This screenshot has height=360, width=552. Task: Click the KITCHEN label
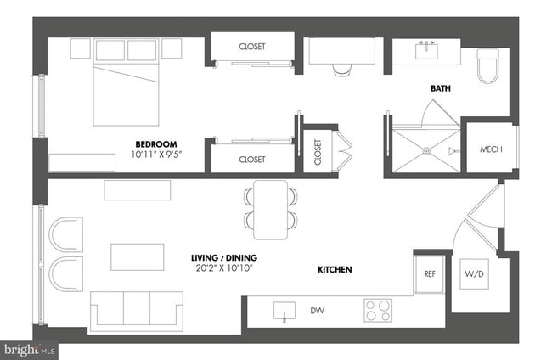335,269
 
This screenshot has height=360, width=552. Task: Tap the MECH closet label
491,149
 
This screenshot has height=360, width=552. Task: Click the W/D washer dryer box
473,274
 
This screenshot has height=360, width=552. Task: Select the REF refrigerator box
430,273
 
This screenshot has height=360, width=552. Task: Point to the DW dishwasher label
317,311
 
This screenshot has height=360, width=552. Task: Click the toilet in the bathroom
487,67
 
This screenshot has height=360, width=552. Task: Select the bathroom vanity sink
426,50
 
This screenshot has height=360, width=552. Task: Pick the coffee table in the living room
137,256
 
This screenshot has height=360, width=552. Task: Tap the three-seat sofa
137,310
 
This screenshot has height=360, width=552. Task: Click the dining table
271,209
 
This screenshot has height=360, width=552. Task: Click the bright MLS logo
30,349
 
